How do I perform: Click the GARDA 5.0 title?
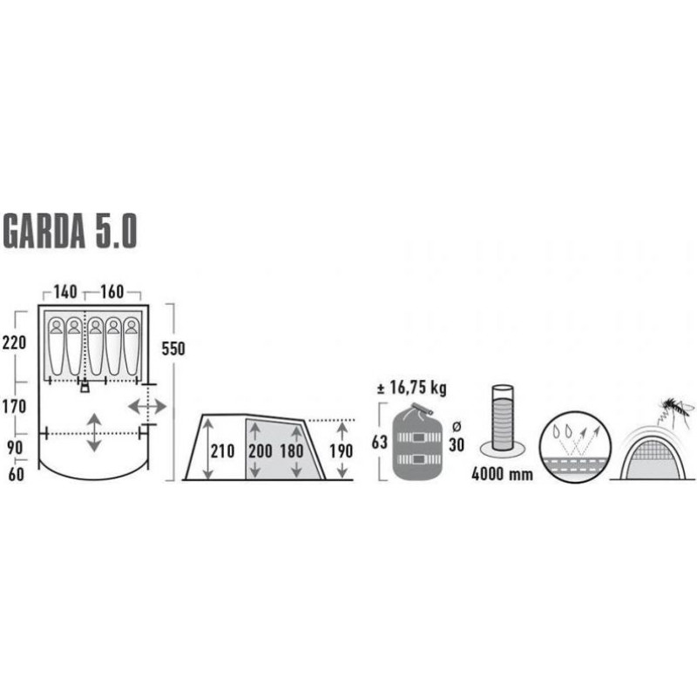point(70,231)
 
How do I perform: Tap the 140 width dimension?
point(65,292)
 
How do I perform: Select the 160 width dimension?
point(112,292)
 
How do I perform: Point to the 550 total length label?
point(173,349)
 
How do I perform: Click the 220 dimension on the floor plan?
point(14,342)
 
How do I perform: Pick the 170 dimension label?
point(14,406)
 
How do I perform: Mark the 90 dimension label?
point(15,448)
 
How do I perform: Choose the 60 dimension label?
point(16,475)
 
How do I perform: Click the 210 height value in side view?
point(222,451)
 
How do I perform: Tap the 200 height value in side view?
point(261,451)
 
